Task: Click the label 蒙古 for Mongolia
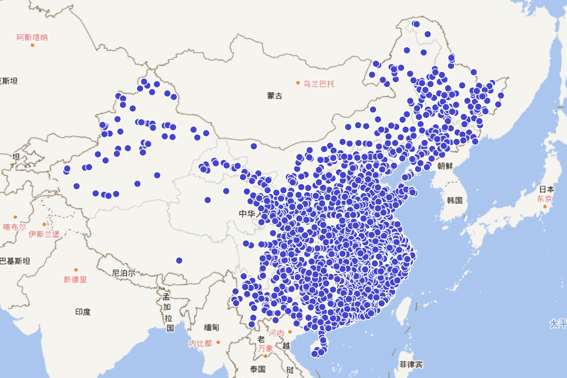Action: point(275,96)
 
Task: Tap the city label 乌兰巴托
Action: point(319,84)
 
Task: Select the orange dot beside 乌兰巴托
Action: point(298,83)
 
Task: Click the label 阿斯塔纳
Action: point(32,37)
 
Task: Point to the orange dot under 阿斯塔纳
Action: point(33,45)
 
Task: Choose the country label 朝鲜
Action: point(445,166)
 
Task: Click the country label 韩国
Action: point(455,200)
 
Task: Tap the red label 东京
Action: point(544,199)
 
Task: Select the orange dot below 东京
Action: point(545,206)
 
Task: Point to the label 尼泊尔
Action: point(124,273)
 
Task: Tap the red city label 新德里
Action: point(76,279)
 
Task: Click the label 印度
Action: point(83,312)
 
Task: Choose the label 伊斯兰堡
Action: point(44,233)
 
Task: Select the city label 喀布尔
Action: point(15,227)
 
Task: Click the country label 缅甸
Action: point(212,327)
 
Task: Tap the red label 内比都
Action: point(200,343)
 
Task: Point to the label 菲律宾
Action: point(411,365)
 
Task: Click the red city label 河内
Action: point(276,333)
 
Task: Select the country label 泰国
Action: point(258,369)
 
